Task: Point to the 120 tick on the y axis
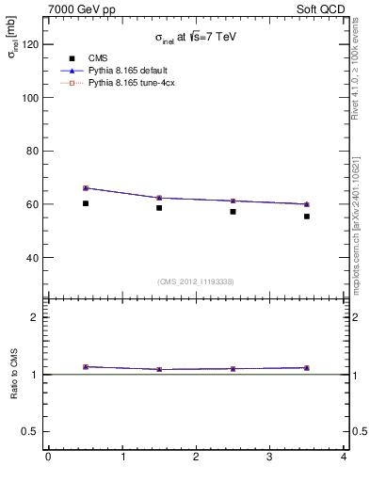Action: tap(29, 44)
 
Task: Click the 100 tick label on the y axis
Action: tap(29, 98)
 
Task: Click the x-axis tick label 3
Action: tap(270, 457)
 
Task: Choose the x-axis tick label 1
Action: tap(122, 457)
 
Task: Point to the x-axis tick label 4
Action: tap(344, 457)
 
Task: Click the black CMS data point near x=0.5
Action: tap(86, 203)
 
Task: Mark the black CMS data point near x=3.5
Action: tap(307, 217)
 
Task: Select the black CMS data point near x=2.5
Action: tap(233, 212)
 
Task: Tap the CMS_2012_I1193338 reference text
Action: tap(196, 281)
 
